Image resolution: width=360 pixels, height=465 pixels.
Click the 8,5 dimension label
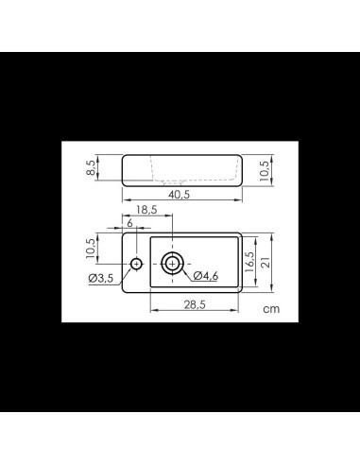click(91, 167)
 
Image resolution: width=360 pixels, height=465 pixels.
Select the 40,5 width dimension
click(179, 195)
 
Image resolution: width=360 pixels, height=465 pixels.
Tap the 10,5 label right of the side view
click(265, 171)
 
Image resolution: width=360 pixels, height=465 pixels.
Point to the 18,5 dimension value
click(146, 210)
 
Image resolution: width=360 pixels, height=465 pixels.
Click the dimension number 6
click(129, 223)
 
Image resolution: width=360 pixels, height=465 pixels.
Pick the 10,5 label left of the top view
click(91, 249)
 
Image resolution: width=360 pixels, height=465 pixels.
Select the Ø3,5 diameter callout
click(101, 278)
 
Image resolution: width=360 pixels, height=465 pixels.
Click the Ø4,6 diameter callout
click(206, 276)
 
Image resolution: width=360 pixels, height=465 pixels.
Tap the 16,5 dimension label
click(249, 262)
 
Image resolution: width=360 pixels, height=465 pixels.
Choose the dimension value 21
click(266, 262)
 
